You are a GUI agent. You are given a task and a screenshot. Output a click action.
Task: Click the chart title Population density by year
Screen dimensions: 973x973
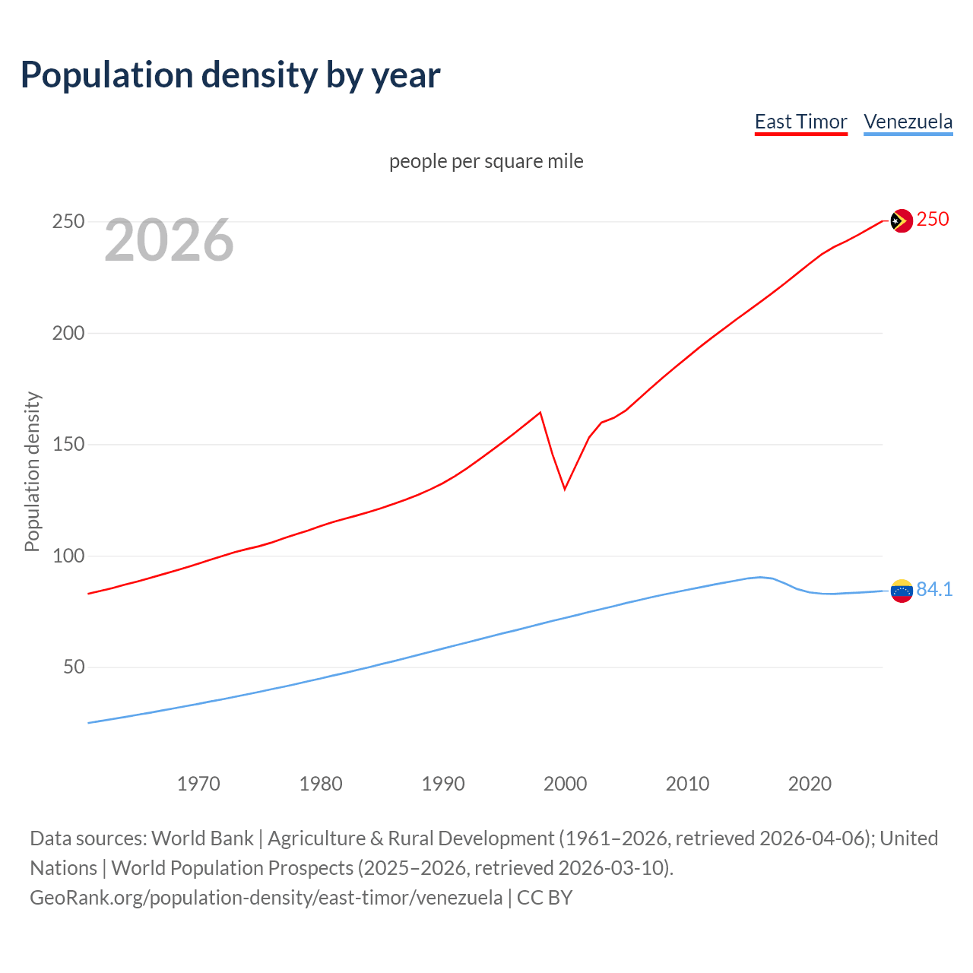(x=230, y=75)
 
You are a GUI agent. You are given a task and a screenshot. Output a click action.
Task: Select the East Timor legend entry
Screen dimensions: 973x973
(x=800, y=122)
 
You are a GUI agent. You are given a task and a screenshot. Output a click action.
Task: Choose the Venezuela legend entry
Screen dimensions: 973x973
(x=908, y=122)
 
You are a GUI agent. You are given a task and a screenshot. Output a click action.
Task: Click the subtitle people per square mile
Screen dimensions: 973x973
(x=486, y=161)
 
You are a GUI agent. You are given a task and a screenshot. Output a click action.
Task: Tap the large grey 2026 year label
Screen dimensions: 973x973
(x=169, y=240)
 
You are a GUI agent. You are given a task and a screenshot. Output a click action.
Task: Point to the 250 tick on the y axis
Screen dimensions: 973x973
(x=68, y=222)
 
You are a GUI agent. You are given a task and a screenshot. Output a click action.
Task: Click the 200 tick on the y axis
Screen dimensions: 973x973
(x=68, y=333)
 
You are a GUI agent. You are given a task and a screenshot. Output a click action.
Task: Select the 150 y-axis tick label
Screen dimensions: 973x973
(x=68, y=445)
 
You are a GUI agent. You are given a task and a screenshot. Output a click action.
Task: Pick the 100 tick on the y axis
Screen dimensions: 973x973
(x=68, y=556)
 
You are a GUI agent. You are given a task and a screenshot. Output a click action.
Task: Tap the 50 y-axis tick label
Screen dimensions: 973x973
(x=74, y=667)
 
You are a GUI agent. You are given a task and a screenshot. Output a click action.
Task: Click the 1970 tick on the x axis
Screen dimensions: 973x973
(x=198, y=784)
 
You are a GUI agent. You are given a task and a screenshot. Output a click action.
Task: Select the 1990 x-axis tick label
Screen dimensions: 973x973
(x=443, y=784)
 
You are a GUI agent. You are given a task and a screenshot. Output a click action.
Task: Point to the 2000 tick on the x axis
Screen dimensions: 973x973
(x=565, y=784)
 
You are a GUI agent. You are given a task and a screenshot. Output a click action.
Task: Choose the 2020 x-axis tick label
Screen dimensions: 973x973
(x=810, y=784)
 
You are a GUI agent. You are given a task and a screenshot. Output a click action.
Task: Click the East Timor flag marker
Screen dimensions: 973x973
(x=901, y=220)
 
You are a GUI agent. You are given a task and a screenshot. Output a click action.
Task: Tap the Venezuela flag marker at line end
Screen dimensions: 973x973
(x=901, y=591)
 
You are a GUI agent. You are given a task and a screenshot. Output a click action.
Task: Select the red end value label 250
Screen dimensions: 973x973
(x=933, y=220)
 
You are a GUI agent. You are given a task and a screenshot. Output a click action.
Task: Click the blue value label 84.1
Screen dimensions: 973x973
(x=934, y=590)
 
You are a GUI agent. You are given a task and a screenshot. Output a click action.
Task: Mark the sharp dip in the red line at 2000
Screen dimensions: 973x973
(x=565, y=489)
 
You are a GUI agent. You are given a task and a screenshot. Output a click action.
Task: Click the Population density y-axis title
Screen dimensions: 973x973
(x=32, y=471)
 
